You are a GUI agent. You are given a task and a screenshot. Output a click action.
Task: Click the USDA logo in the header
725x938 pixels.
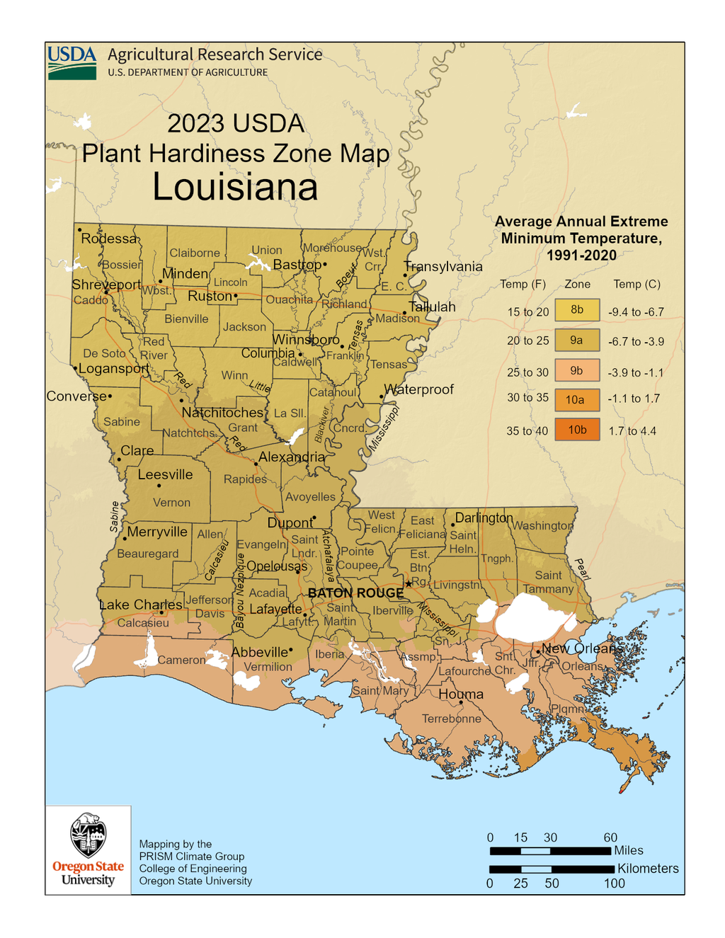[x=72, y=62]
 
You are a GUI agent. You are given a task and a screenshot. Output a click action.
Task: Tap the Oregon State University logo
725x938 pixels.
[x=88, y=849]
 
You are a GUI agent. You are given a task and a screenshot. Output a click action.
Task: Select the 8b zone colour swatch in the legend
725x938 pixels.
[x=576, y=310]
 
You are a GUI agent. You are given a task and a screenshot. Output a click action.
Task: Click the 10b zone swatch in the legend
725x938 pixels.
[x=576, y=430]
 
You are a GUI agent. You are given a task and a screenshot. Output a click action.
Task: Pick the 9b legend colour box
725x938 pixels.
[x=576, y=370]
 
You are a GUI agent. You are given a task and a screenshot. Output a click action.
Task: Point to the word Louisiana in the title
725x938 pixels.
[x=235, y=188]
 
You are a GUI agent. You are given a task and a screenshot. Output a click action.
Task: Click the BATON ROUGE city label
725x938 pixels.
[x=355, y=593]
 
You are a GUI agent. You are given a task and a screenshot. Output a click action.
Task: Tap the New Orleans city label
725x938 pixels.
[x=582, y=648]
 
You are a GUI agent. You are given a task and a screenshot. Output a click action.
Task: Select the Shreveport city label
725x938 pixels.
[x=106, y=285]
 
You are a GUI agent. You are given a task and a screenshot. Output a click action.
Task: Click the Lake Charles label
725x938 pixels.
[x=140, y=605]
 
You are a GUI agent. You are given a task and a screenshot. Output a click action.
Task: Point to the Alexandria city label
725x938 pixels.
[x=291, y=457]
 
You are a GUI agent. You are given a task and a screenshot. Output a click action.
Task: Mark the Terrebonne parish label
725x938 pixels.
[x=451, y=719]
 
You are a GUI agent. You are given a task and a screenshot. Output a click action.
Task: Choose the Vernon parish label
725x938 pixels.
[x=171, y=503]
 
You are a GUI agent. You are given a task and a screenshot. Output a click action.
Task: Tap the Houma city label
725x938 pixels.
[x=461, y=694]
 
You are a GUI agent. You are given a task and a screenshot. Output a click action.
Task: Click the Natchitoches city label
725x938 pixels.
[x=222, y=413]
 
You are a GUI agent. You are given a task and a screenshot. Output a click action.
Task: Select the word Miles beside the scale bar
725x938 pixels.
[x=629, y=850]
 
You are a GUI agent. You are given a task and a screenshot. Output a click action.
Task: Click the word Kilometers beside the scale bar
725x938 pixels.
[x=647, y=869]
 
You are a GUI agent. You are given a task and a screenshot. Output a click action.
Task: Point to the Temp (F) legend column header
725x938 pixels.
[x=523, y=284]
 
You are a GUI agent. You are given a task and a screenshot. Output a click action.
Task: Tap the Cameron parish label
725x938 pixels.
[x=181, y=660]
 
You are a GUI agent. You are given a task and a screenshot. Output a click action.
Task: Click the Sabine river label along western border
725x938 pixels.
[x=115, y=517]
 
